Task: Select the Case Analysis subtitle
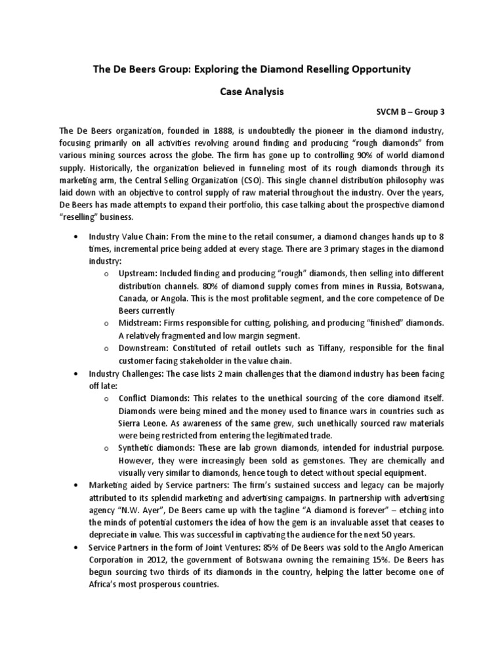pyautogui.click(x=251, y=93)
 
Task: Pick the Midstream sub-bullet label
pyautogui.click(x=141, y=324)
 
